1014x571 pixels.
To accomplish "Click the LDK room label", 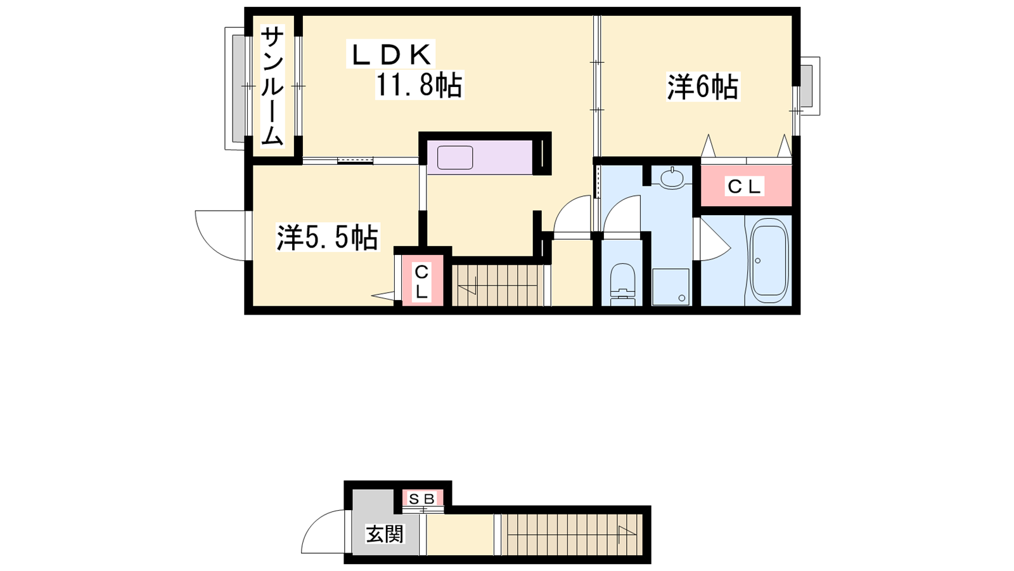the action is pyautogui.click(x=390, y=55).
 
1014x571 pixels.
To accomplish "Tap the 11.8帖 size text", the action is pyautogui.click(x=419, y=85).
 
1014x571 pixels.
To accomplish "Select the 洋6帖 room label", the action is pyautogui.click(x=702, y=87).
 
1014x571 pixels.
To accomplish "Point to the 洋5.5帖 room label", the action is pyautogui.click(x=328, y=237).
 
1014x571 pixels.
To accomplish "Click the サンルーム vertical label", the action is pyautogui.click(x=273, y=86).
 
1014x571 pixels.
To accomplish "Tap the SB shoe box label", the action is pyautogui.click(x=422, y=499).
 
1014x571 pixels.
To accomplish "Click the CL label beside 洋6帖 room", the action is pyautogui.click(x=744, y=187).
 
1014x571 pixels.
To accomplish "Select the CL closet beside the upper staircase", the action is pyautogui.click(x=422, y=282).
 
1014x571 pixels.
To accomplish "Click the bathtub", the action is pyautogui.click(x=769, y=261).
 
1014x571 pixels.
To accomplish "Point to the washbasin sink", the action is pyautogui.click(x=672, y=177).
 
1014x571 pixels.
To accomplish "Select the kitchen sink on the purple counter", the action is pyautogui.click(x=455, y=158).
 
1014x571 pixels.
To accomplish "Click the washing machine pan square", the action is pyautogui.click(x=671, y=286).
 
